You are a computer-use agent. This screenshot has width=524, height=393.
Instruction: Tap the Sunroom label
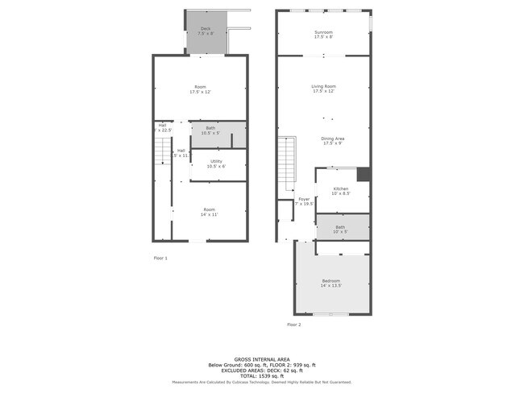323,34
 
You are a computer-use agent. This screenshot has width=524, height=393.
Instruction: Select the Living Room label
323,89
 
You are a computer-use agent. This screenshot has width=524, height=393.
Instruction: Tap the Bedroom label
331,283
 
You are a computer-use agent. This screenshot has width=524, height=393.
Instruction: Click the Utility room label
216,163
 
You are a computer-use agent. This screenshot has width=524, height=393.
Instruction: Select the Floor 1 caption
160,258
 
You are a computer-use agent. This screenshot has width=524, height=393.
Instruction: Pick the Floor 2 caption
293,325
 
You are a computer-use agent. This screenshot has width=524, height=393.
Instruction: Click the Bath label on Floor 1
210,130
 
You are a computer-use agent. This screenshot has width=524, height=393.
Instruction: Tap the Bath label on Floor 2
340,229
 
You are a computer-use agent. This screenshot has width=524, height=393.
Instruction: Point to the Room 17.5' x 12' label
199,89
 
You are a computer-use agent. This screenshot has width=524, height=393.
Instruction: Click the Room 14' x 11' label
210,212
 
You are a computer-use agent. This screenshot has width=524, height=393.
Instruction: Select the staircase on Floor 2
286,161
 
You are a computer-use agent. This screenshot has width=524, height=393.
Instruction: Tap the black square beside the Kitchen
364,175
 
